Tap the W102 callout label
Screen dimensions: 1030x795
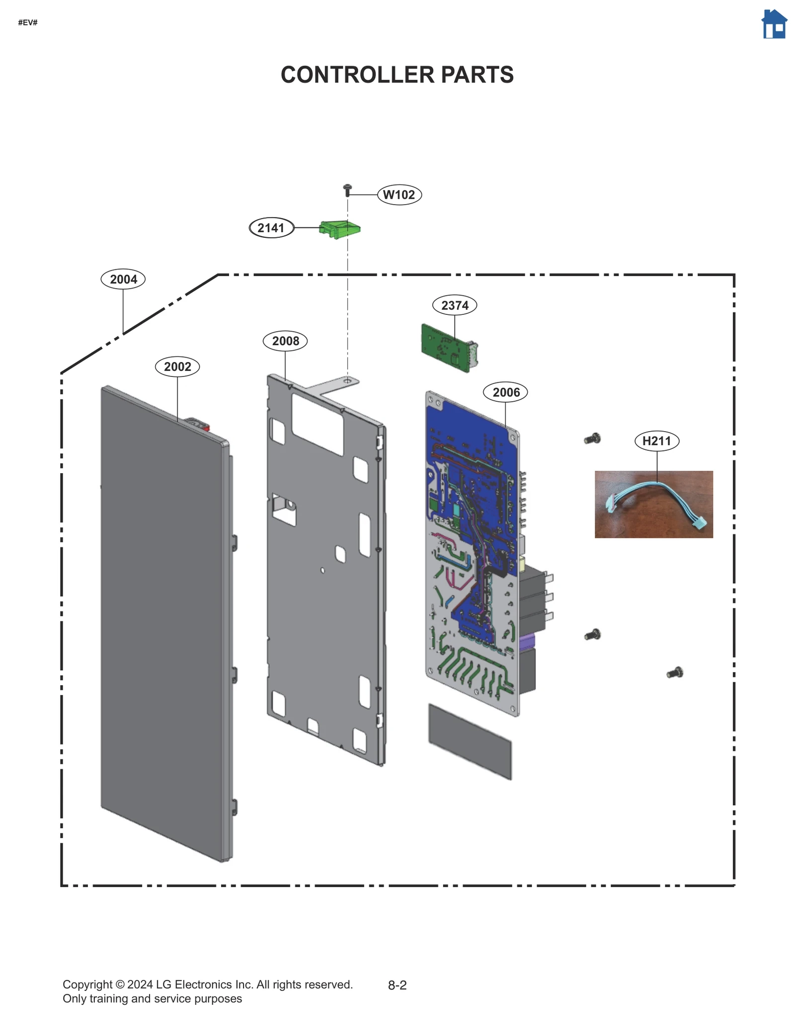point(399,195)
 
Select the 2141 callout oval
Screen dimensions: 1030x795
point(271,228)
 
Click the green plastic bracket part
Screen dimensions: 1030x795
point(340,229)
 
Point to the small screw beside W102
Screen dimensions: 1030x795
point(347,190)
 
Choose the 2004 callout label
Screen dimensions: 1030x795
point(123,279)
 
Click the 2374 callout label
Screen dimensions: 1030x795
point(454,305)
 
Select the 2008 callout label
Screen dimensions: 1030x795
point(285,341)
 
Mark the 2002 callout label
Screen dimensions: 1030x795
point(177,367)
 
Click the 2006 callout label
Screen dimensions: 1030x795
point(505,392)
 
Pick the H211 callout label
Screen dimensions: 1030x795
point(656,441)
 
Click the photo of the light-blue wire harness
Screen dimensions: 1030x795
point(653,504)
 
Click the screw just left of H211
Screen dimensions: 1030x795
point(592,439)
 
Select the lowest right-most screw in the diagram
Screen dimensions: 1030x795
point(675,673)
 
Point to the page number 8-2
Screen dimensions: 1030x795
point(397,985)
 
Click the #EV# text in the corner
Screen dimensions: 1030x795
point(28,22)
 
